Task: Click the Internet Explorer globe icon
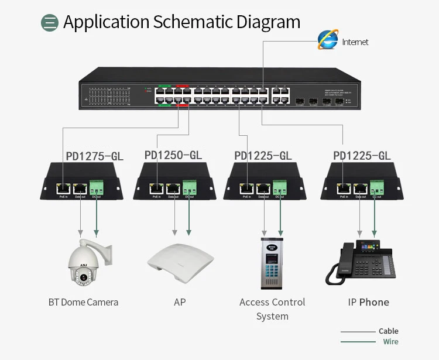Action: [327, 40]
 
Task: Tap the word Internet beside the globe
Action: [355, 42]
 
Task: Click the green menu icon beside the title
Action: [50, 23]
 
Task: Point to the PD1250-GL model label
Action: [173, 155]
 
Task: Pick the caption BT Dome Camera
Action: [83, 302]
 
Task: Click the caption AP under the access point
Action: [180, 302]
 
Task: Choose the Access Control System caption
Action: [272, 309]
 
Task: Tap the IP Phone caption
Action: [368, 302]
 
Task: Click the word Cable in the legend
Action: [389, 331]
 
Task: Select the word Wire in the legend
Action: [390, 342]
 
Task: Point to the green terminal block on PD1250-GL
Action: [188, 187]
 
